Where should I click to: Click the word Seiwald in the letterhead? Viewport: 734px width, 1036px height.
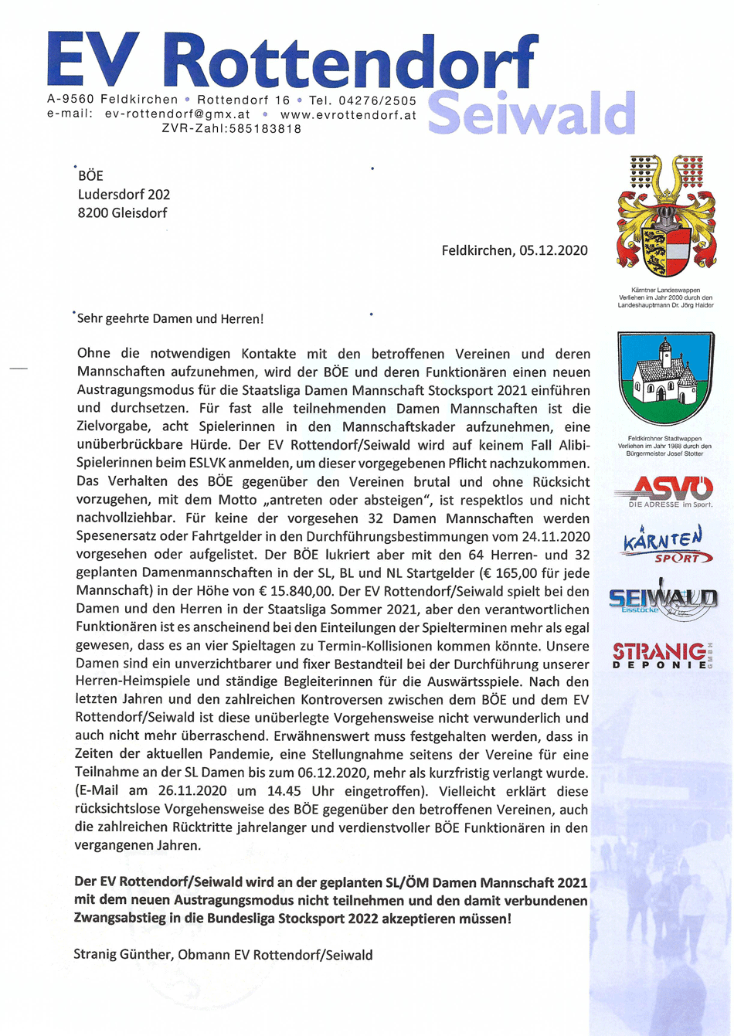531,114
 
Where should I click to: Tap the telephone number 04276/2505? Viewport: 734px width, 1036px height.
377,100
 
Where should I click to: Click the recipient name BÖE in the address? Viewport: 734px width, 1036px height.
90,176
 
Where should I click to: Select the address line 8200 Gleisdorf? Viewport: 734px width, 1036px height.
122,213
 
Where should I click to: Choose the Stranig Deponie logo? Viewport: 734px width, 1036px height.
663,655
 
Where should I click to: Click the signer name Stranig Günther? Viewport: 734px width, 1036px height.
122,955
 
